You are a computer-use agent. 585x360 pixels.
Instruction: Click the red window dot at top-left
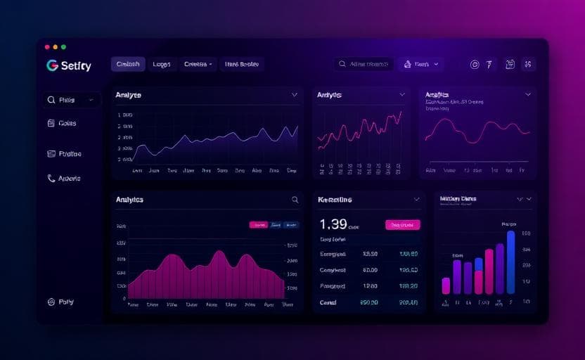(47, 46)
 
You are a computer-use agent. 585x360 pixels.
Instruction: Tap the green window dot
(64, 46)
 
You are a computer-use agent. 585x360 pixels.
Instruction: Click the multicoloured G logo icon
(51, 65)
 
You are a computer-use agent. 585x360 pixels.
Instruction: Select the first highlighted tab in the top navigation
(128, 64)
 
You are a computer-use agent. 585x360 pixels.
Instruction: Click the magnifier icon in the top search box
(342, 64)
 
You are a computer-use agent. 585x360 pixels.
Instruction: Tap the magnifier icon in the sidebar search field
(51, 101)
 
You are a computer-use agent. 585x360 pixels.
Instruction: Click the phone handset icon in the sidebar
(51, 179)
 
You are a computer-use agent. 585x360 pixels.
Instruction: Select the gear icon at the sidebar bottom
(51, 302)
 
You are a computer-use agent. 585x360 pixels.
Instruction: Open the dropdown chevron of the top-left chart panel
(294, 94)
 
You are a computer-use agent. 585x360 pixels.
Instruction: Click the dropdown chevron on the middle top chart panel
(402, 94)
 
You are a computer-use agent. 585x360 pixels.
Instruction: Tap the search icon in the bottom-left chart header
(295, 200)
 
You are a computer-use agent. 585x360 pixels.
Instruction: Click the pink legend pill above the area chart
(259, 225)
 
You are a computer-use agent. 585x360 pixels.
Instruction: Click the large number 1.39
(333, 224)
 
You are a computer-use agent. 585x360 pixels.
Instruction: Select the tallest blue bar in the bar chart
(510, 262)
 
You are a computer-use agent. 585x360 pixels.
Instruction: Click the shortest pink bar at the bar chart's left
(446, 285)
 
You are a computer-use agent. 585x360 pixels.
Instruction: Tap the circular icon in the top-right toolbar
(475, 65)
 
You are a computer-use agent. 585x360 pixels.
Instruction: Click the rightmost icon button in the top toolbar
(529, 65)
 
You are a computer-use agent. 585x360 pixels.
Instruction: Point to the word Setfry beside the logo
(76, 66)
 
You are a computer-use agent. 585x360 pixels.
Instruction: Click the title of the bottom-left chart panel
(129, 200)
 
